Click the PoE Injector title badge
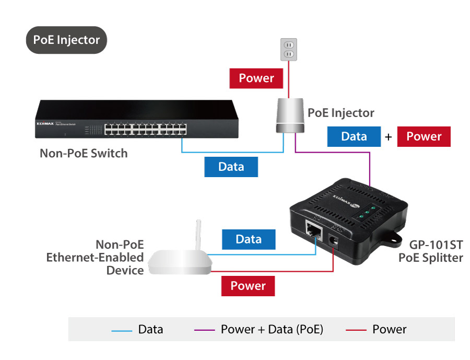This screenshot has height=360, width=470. (x=66, y=40)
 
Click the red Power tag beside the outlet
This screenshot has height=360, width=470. (x=256, y=78)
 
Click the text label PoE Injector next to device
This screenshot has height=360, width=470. (x=340, y=112)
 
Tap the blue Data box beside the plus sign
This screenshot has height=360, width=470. (x=354, y=136)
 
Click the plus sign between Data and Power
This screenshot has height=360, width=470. (x=389, y=137)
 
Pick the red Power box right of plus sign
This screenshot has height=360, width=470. (x=424, y=136)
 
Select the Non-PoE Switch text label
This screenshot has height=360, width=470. (x=84, y=154)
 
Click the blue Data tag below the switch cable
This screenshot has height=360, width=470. (x=231, y=167)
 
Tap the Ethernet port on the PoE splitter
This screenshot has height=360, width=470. (x=314, y=228)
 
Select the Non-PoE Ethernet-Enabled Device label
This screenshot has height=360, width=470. (x=95, y=257)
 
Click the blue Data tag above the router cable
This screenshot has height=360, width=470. (x=248, y=239)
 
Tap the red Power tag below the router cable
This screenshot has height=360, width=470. (x=248, y=286)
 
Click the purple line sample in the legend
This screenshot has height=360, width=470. (x=204, y=330)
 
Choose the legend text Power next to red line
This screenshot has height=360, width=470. (x=389, y=329)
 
